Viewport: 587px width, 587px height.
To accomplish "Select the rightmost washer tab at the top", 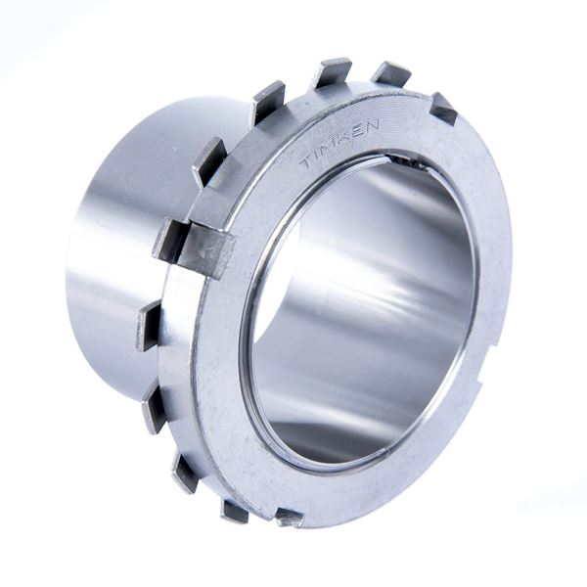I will tap(443, 108).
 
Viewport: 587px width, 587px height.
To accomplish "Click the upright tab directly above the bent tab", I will tap(209, 161).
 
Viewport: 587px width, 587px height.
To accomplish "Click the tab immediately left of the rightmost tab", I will tap(391, 73).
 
